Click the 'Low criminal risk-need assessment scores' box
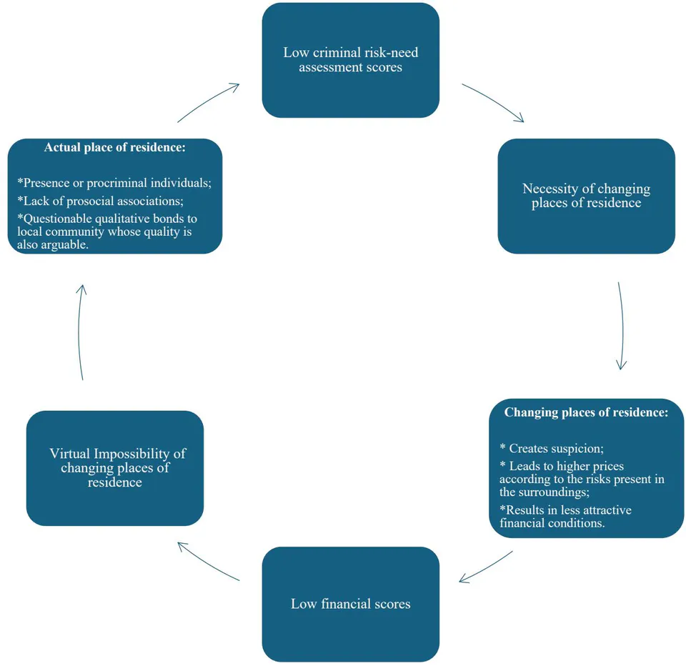tap(350, 61)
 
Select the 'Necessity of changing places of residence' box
tap(586, 196)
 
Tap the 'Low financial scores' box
tap(350, 604)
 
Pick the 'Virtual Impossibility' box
tap(115, 468)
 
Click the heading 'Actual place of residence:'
tap(114, 147)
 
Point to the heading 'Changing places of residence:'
tap(586, 412)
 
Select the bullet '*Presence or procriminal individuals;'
tap(114, 183)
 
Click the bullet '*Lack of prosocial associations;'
tap(100, 201)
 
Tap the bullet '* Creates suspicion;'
tap(552, 449)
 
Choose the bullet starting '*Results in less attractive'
tap(566, 517)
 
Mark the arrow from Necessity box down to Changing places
tap(622, 326)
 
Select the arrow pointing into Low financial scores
tap(485, 567)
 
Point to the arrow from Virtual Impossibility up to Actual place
tap(80, 332)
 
